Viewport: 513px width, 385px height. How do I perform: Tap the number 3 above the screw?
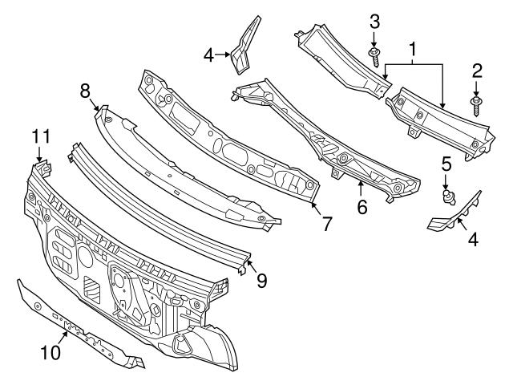(x=374, y=21)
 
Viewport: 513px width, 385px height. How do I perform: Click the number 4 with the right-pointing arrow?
(x=208, y=56)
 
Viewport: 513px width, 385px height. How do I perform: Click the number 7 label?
(x=326, y=224)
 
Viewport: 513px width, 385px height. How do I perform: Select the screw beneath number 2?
(x=476, y=104)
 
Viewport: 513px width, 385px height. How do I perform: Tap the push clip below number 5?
(x=446, y=195)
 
